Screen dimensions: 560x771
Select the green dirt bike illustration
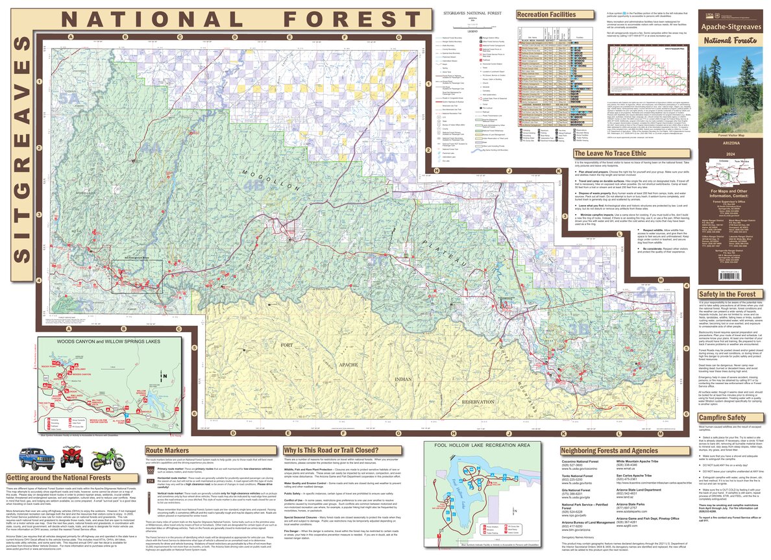[x=107, y=459]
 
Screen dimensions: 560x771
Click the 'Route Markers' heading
[x=167, y=450]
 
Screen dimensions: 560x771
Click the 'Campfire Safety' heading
[x=722, y=418]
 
